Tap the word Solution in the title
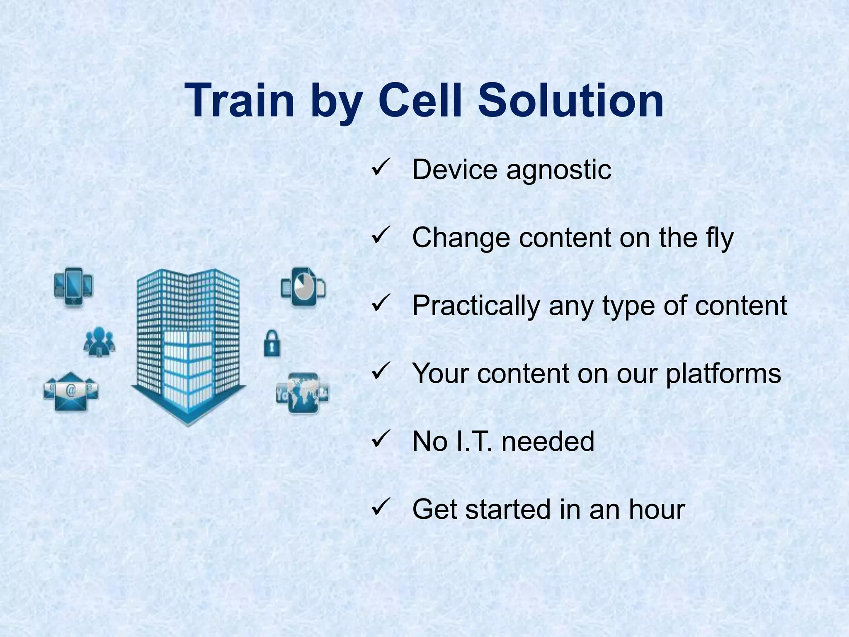tap(571, 101)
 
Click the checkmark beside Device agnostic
tap(380, 169)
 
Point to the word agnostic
tap(559, 170)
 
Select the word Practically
tap(476, 306)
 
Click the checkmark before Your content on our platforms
tap(380, 371)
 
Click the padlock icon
tap(272, 343)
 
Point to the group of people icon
tap(99, 342)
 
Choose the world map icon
tap(303, 393)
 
